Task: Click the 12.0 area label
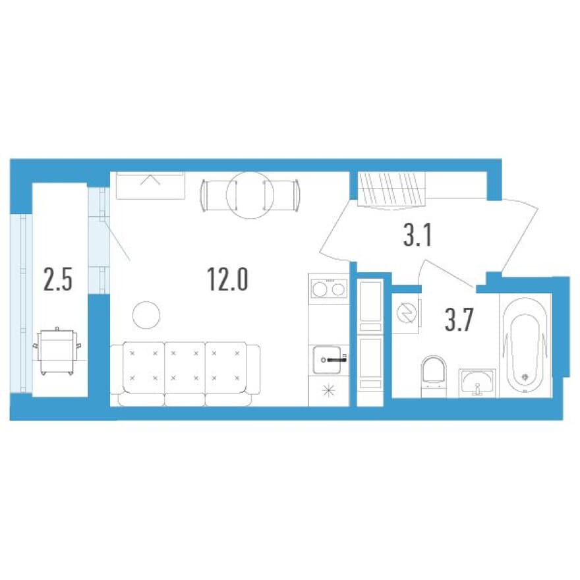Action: [x=227, y=279]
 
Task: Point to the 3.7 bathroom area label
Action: [x=459, y=320]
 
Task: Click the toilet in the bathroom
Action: [x=434, y=372]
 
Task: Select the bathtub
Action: [x=525, y=345]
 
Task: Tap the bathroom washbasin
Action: [x=477, y=383]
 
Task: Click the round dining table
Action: [x=250, y=194]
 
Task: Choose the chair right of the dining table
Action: [x=281, y=195]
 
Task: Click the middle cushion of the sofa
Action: [x=185, y=366]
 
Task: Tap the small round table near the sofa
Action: [x=146, y=315]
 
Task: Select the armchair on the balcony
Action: [x=57, y=352]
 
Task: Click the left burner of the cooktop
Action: [x=320, y=289]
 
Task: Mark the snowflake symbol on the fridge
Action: [x=328, y=391]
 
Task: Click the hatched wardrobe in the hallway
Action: [x=391, y=188]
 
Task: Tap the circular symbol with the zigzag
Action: [x=406, y=313]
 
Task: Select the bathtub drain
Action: [x=525, y=377]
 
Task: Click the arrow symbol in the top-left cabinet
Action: [x=150, y=179]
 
